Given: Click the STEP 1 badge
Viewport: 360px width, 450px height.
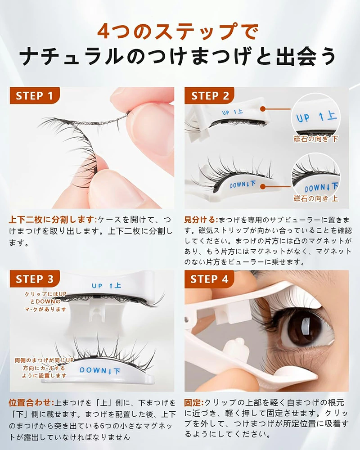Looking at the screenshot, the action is pos(35,95).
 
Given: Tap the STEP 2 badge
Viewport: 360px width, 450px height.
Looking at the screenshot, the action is pos(209,95).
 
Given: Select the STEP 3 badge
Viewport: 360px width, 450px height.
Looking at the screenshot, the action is pos(35,279).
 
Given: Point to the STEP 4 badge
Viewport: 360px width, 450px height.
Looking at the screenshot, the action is pos(209,279).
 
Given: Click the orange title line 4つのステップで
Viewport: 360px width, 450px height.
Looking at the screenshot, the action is pos(178,31).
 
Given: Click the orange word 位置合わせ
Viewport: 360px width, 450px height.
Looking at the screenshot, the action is pos(31,403).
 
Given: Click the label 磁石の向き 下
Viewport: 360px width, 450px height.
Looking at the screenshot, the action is pos(316,139).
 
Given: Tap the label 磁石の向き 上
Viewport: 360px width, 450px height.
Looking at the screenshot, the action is pos(316,198).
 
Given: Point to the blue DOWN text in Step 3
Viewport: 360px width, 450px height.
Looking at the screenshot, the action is pos(100,370).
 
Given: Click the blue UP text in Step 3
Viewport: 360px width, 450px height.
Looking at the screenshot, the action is pos(106,286).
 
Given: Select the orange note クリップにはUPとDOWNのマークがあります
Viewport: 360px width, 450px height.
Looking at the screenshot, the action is pos(45,301).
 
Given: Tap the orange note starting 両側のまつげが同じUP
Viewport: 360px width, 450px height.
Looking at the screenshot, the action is pos(44,368).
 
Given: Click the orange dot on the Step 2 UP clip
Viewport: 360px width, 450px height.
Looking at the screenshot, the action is pos(263,109).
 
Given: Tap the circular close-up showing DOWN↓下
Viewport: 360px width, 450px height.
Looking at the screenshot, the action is pos(316,177).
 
